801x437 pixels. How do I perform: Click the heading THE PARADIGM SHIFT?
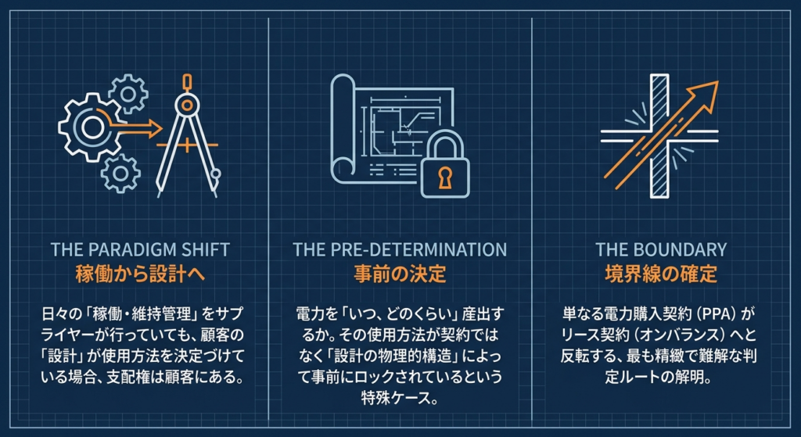pyautogui.click(x=140, y=249)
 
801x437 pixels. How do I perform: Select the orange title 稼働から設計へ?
pyautogui.click(x=140, y=274)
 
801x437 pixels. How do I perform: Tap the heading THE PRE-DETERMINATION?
pyautogui.click(x=400, y=249)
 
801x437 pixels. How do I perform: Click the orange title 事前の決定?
pyautogui.click(x=400, y=274)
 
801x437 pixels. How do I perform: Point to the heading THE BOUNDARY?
pyautogui.click(x=661, y=249)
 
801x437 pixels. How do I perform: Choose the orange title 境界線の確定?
pyautogui.click(x=661, y=274)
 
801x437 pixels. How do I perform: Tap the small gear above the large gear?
pyautogui.click(x=128, y=94)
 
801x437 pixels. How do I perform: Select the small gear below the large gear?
pyautogui.click(x=120, y=173)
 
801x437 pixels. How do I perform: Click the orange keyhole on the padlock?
pyautogui.click(x=445, y=177)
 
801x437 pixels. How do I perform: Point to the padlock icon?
pyautogui.click(x=445, y=166)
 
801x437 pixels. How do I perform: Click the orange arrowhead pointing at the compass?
pyautogui.click(x=156, y=129)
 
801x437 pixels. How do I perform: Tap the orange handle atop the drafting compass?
pyautogui.click(x=188, y=83)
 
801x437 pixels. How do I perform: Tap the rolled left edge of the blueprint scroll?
pyautogui.click(x=342, y=127)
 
